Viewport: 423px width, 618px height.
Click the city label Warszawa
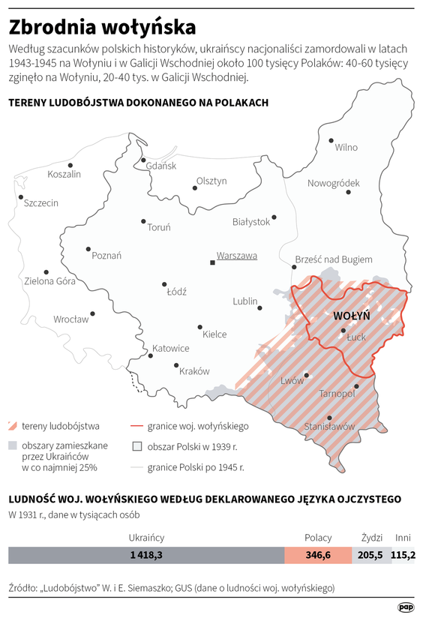pyautogui.click(x=236, y=255)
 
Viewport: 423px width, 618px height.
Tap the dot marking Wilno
pyautogui.click(x=331, y=139)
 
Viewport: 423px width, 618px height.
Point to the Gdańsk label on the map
pyautogui.click(x=161, y=166)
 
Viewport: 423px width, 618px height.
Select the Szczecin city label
pyautogui.click(x=41, y=202)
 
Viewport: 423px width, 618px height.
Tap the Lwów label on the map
pyautogui.click(x=292, y=380)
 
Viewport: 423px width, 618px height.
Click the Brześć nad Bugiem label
pyautogui.click(x=334, y=259)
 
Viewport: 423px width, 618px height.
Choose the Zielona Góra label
pyautogui.click(x=50, y=281)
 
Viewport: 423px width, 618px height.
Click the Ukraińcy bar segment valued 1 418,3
pyautogui.click(x=146, y=555)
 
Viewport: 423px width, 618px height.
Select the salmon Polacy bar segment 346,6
pyautogui.click(x=318, y=555)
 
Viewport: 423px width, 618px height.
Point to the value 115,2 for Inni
pyautogui.click(x=403, y=555)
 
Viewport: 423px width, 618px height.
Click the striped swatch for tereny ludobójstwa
pyautogui.click(x=13, y=426)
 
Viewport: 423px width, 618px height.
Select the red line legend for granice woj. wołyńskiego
pyautogui.click(x=136, y=426)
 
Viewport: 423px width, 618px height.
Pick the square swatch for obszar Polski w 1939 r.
pyautogui.click(x=136, y=446)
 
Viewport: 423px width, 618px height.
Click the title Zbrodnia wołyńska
pyautogui.click(x=102, y=27)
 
